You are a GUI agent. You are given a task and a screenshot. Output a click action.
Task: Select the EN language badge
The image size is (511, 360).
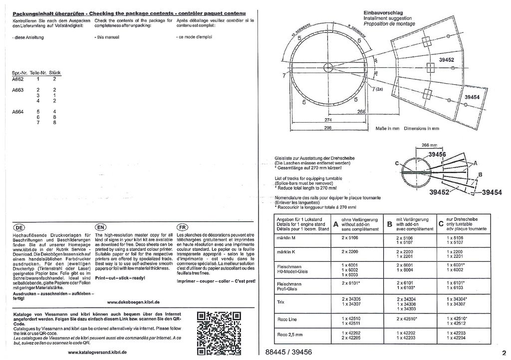point(100,226)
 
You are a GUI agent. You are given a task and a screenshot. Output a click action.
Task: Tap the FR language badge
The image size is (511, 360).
point(182,226)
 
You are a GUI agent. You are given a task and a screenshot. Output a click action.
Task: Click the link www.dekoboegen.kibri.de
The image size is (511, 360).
point(133,302)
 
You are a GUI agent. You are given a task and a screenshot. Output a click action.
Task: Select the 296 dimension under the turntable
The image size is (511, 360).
point(328,128)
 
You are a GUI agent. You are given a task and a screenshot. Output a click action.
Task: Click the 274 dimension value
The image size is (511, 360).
point(328,120)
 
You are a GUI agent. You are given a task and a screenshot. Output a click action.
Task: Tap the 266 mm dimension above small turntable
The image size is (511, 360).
point(429,145)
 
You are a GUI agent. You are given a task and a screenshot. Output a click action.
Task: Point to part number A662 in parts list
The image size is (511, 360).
point(18,79)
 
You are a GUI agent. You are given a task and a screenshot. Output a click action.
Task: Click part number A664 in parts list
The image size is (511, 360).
point(18,112)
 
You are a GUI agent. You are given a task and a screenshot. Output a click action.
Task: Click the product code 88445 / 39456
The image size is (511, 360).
point(293,352)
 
